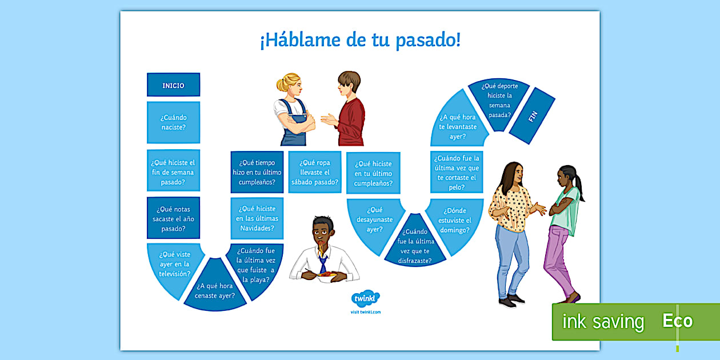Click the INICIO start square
[173, 85]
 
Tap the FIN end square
[532, 115]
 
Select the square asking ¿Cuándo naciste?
[173, 122]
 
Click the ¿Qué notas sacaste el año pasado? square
[173, 218]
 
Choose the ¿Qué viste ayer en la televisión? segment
[174, 266]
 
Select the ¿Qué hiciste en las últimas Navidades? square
[257, 218]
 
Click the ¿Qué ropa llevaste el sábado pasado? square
[314, 172]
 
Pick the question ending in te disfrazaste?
[415, 245]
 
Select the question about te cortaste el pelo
[455, 172]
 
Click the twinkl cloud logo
[366, 299]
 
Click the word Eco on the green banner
[677, 321]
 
